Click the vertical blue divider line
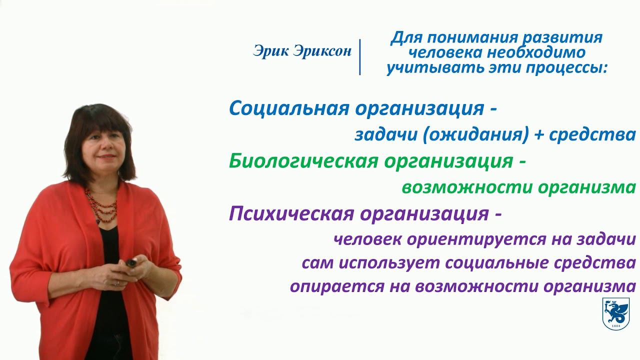pos(359,57)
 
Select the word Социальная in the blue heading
pos(289,108)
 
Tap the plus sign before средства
pos(539,134)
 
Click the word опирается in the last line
pos(337,286)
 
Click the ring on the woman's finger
pos(117,283)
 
